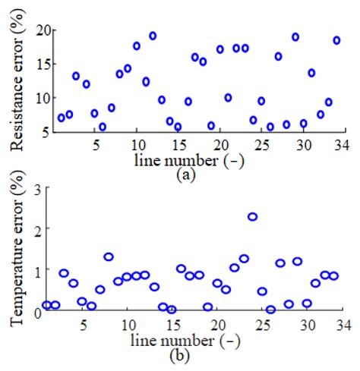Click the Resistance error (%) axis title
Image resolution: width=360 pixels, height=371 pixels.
[14, 79]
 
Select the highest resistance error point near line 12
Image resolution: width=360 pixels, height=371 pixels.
[153, 36]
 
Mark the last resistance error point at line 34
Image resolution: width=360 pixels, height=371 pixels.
[336, 40]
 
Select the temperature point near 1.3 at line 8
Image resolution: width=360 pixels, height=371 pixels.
[109, 257]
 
